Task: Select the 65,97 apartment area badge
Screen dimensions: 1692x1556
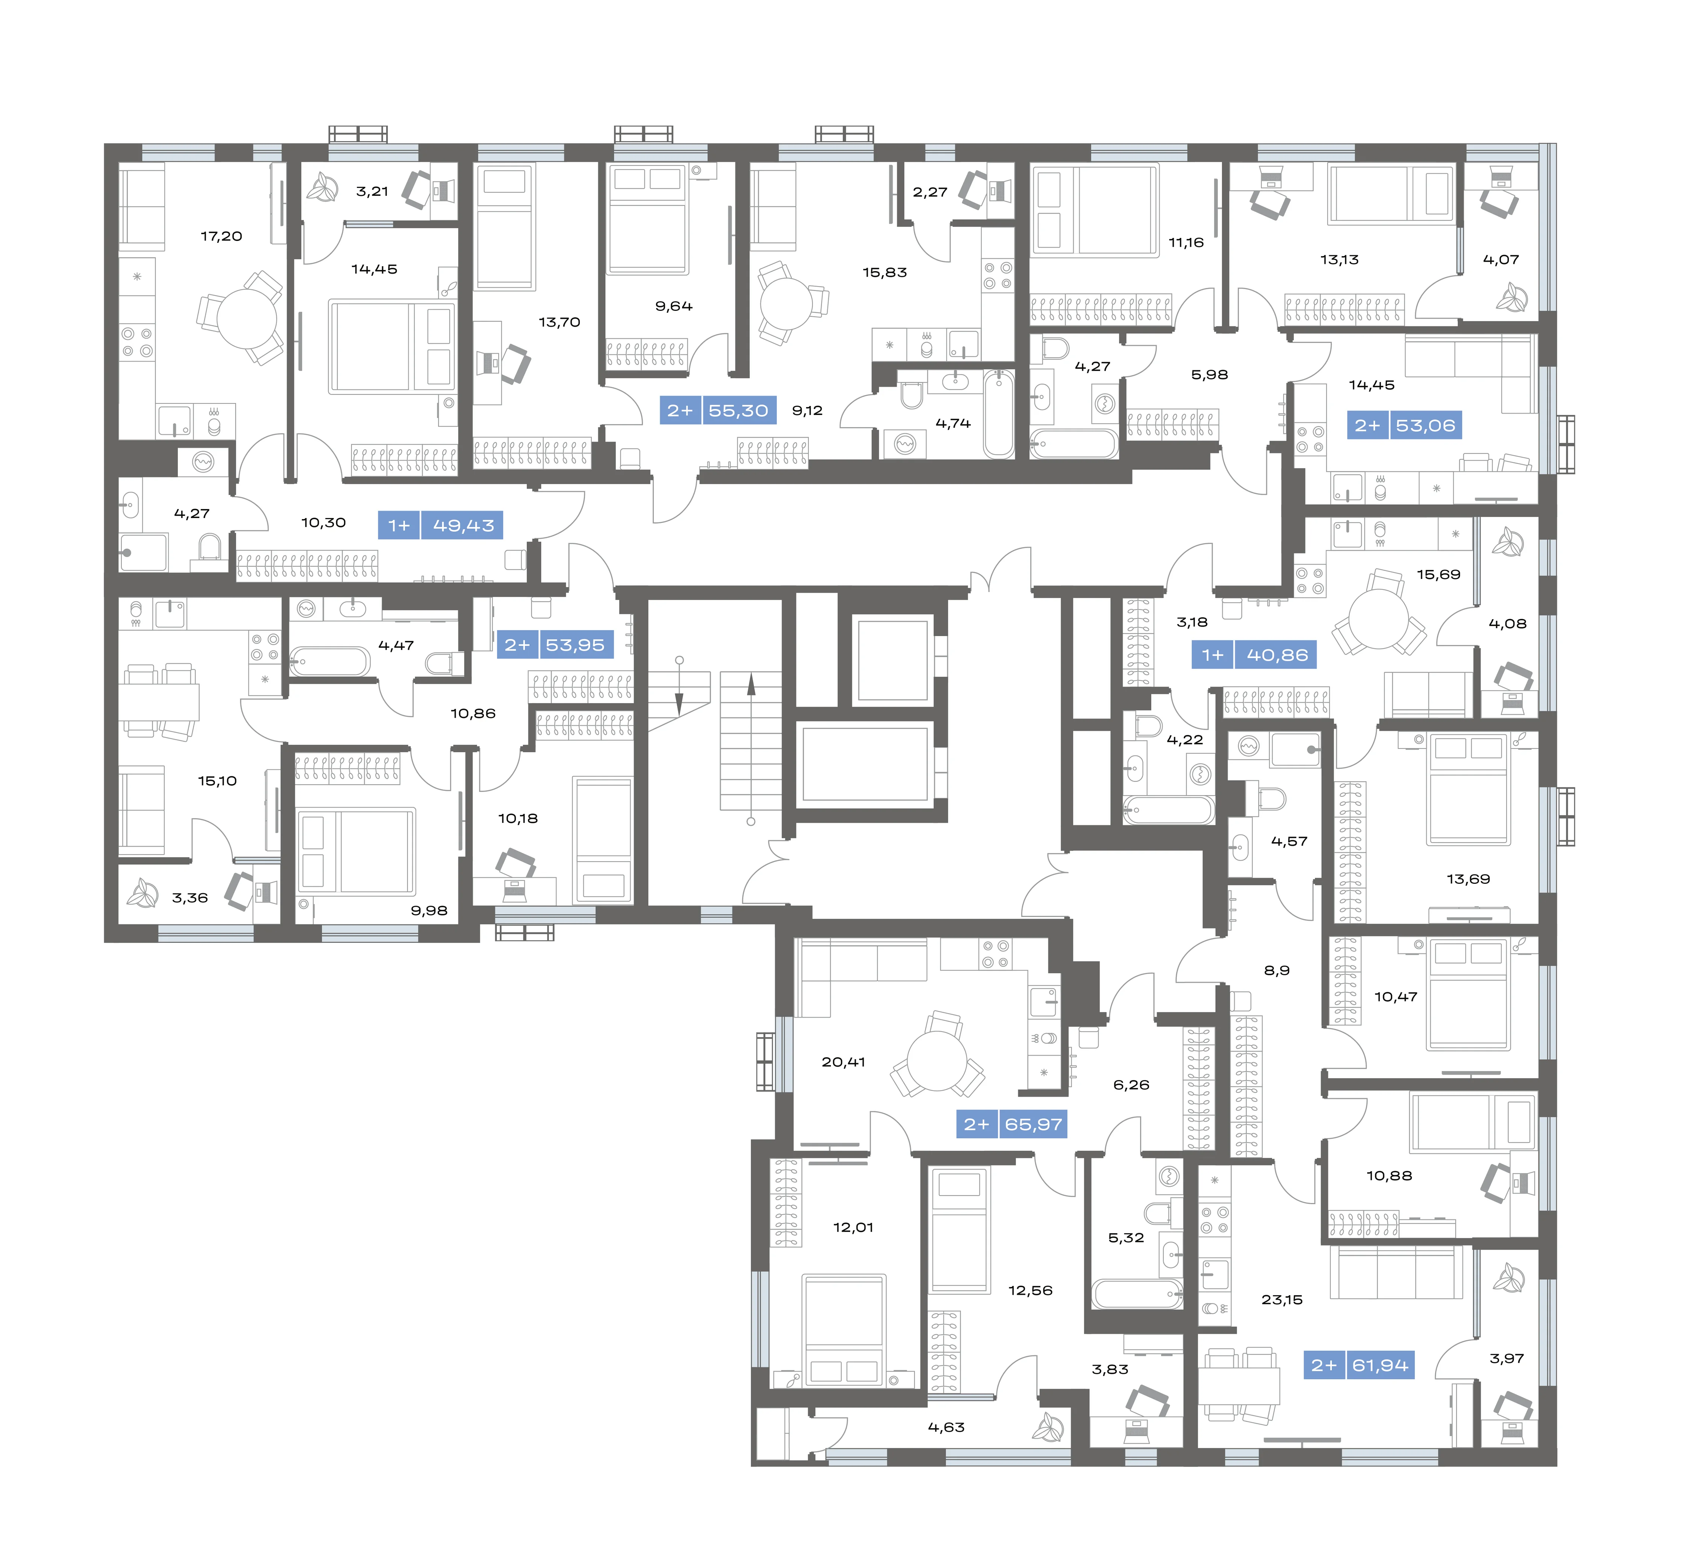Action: (1033, 1124)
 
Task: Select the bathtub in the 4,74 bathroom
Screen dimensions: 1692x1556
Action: (999, 414)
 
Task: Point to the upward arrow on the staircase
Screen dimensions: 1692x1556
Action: (751, 685)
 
